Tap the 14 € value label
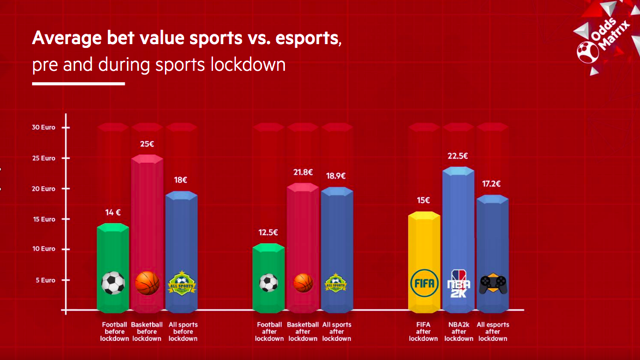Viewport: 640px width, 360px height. coord(113,212)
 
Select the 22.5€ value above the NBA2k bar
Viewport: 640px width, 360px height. coord(459,156)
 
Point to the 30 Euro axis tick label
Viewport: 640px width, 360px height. coord(43,127)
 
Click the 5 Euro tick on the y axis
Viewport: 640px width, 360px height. coord(46,280)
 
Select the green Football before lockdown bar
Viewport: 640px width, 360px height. coord(113,256)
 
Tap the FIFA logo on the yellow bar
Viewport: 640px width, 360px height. coord(424,284)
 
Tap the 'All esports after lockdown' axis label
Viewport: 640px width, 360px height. coord(493,332)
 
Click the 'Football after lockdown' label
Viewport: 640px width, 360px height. coord(269,332)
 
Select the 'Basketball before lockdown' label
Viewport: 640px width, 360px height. coord(147,332)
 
